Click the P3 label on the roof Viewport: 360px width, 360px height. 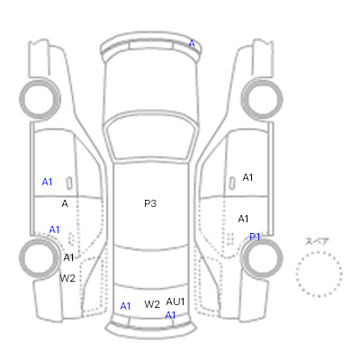click(x=150, y=203)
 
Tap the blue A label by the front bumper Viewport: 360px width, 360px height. click(x=192, y=44)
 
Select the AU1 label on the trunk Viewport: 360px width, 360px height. click(x=175, y=301)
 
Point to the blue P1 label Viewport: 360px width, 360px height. click(x=255, y=237)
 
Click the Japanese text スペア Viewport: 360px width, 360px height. click(x=317, y=241)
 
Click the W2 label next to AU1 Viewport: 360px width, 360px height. click(x=152, y=304)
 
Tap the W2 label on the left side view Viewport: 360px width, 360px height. click(x=67, y=278)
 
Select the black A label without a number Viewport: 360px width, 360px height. click(x=65, y=204)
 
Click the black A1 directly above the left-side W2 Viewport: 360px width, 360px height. click(x=68, y=257)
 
